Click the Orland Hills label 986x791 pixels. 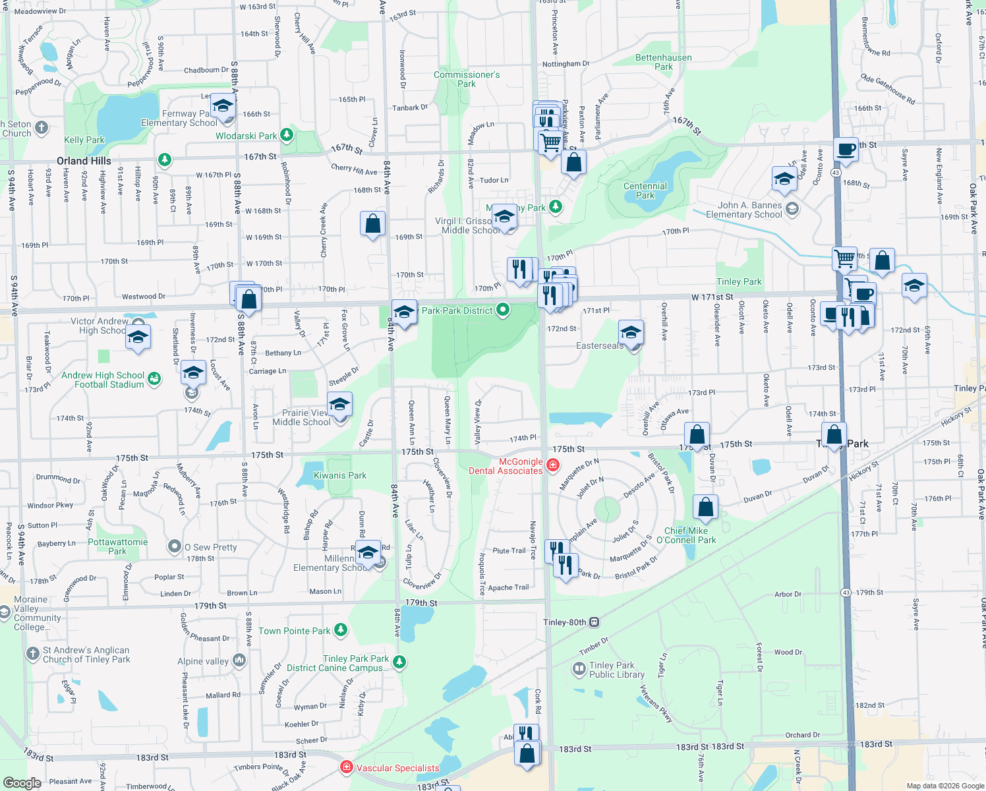[84, 161]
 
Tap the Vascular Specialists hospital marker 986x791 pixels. [346, 767]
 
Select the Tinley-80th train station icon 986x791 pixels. [594, 622]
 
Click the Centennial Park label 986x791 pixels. [645, 190]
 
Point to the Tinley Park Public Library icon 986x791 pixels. [579, 670]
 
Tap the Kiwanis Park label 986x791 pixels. [339, 475]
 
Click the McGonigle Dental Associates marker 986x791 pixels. [553, 466]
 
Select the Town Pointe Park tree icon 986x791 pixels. [341, 631]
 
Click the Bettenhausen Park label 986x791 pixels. [664, 62]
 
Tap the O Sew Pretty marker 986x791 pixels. [175, 546]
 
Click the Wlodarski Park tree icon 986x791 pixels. [286, 136]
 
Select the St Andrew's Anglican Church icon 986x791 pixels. [33, 654]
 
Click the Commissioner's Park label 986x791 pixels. [467, 79]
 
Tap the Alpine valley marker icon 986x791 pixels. [239, 660]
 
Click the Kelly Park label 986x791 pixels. [84, 140]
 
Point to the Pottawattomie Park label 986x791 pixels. [118, 546]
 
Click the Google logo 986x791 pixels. [22, 782]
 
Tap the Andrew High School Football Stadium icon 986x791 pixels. [154, 378]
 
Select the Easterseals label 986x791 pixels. [599, 345]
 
